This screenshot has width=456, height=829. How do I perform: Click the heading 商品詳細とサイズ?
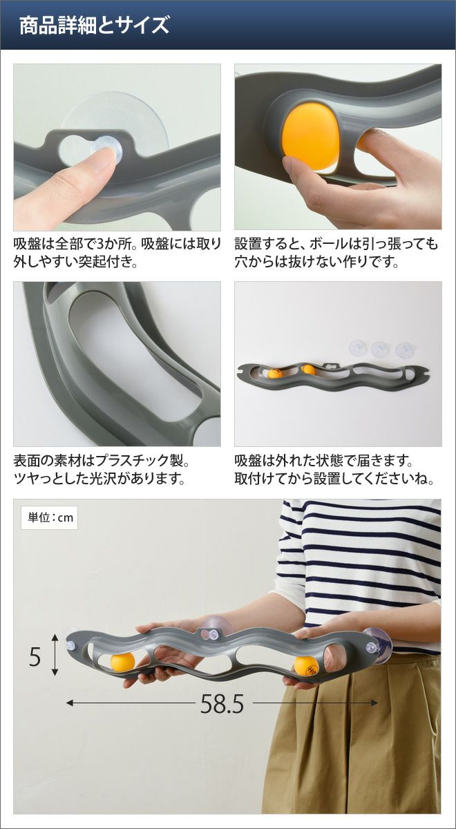[94, 26]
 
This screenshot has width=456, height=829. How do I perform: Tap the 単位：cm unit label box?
[49, 517]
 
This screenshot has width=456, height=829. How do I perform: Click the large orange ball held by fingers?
[311, 139]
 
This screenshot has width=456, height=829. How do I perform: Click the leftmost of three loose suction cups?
[359, 347]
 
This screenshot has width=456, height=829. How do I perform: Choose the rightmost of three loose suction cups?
[404, 350]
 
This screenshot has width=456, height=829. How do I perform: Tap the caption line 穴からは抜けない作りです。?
[317, 262]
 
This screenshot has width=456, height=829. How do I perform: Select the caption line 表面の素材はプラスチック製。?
[102, 461]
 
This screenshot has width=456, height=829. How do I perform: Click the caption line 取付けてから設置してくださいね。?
[334, 479]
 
